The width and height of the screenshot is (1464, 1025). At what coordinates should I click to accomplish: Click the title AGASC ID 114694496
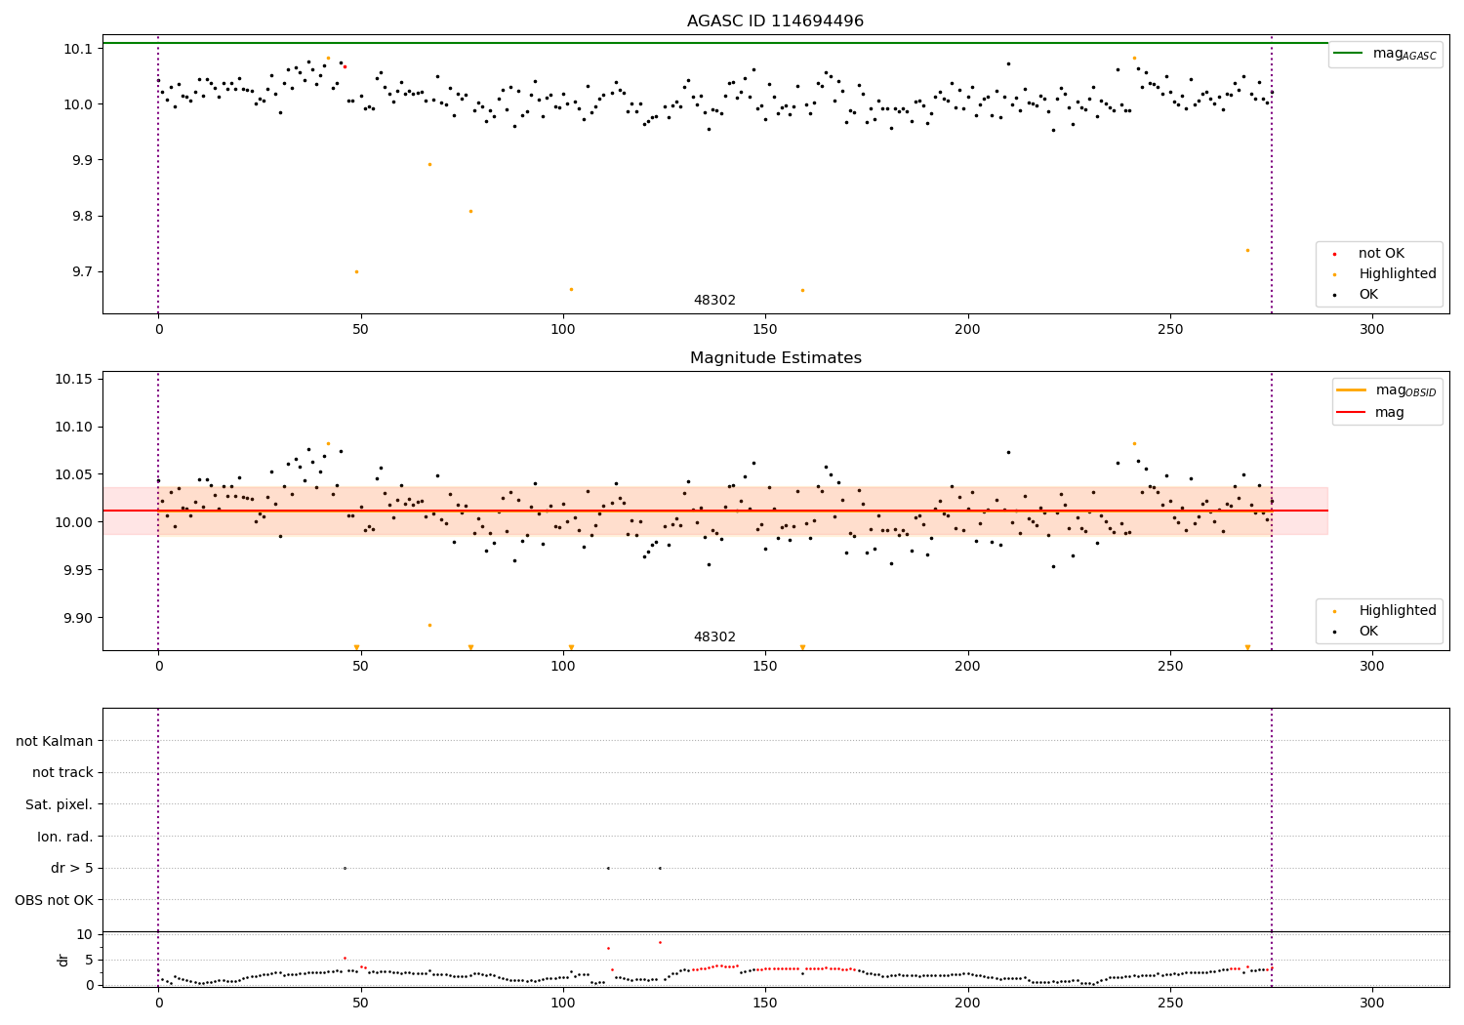775,21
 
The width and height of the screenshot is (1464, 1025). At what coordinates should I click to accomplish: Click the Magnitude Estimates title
775,358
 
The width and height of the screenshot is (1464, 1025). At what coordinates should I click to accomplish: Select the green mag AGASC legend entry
1385,54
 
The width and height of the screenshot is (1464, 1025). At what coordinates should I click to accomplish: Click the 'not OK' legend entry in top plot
1381,254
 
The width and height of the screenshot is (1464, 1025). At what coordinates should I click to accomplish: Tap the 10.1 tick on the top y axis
78,49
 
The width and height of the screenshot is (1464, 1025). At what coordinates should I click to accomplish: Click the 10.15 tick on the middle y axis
74,379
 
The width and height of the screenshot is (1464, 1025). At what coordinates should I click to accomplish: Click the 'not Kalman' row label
55,741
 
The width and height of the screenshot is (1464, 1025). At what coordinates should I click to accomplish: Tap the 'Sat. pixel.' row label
60,804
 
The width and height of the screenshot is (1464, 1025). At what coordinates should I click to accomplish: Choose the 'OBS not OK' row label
54,900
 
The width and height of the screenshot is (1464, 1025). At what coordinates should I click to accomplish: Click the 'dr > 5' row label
72,868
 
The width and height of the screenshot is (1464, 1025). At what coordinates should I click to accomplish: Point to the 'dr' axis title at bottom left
63,960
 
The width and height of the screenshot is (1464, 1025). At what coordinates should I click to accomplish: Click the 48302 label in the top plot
714,301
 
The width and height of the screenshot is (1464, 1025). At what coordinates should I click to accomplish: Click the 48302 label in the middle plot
714,637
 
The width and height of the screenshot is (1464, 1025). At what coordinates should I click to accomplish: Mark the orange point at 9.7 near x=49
356,271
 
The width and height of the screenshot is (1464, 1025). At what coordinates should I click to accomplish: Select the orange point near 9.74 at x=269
1246,250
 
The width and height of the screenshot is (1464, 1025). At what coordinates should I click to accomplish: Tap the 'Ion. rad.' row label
65,837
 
